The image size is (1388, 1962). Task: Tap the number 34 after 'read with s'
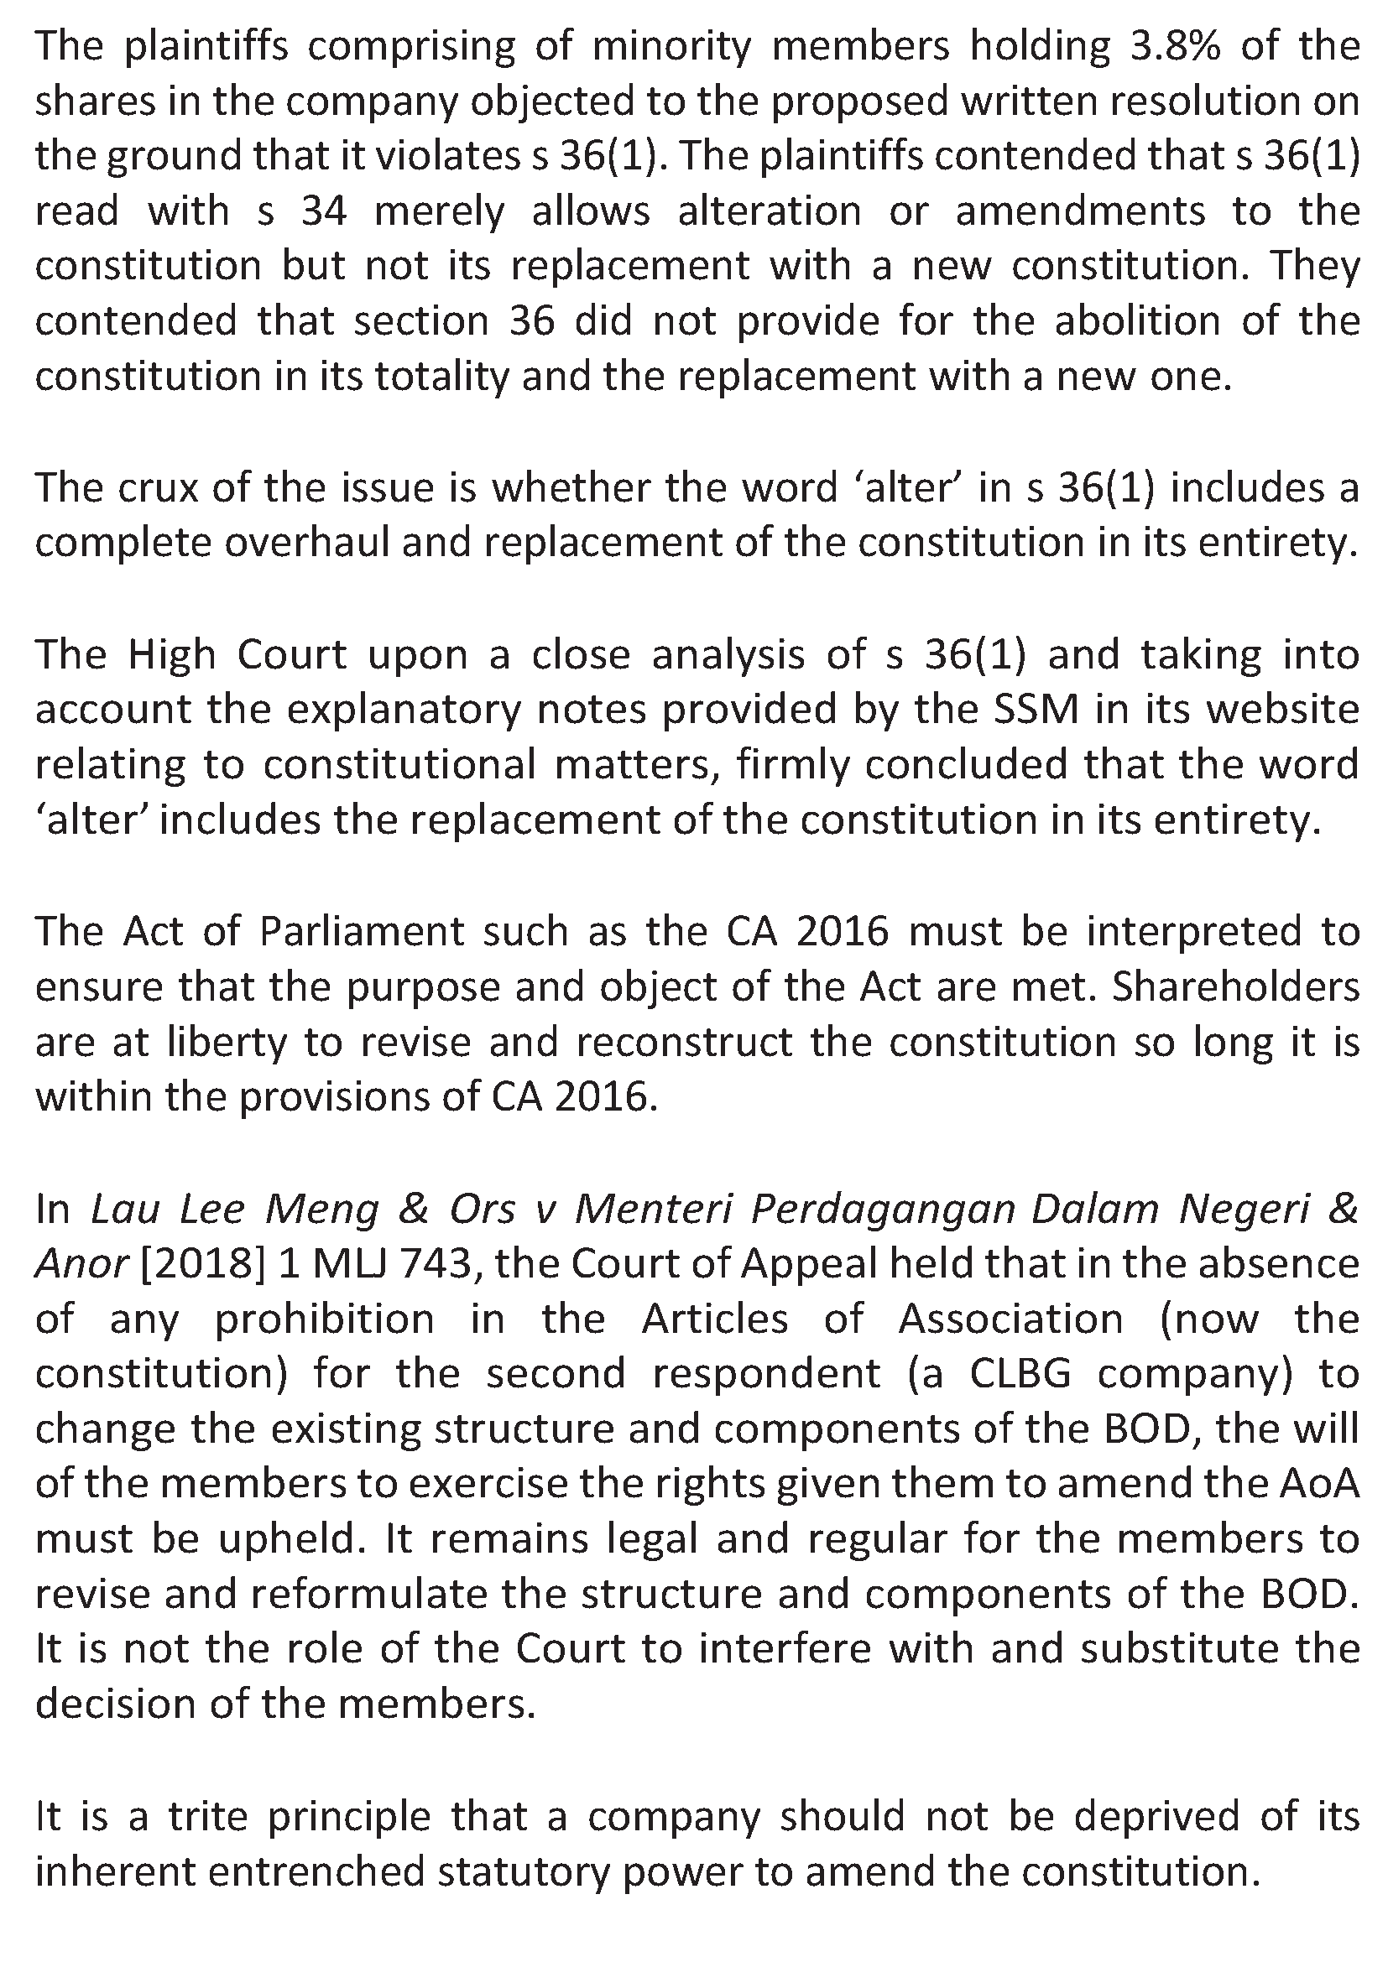coord(324,211)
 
